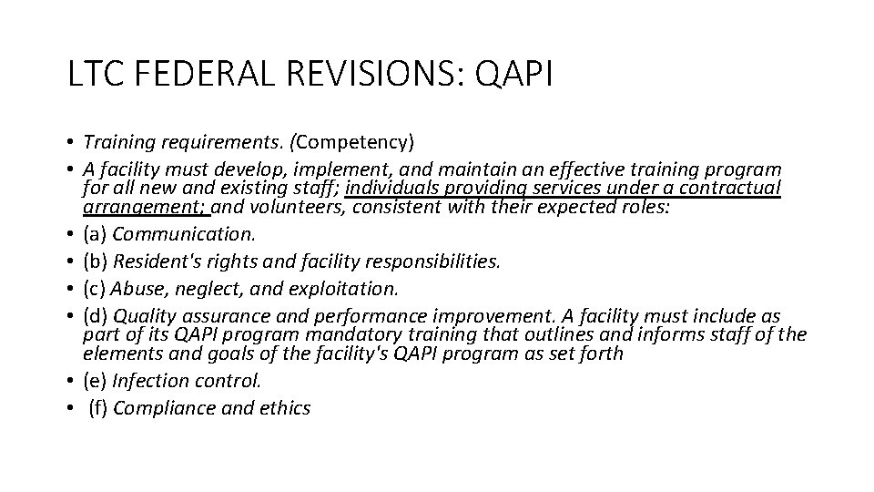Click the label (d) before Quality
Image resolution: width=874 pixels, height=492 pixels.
point(95,316)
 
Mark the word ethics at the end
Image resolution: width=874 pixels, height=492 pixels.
point(285,408)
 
